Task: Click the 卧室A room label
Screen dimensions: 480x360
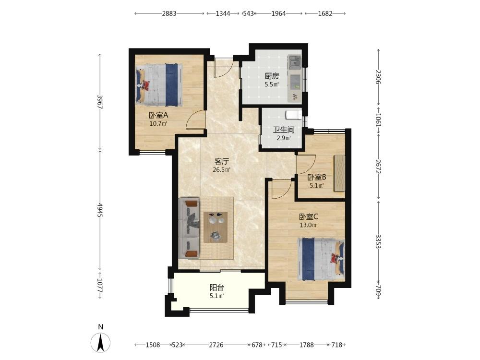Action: (158, 115)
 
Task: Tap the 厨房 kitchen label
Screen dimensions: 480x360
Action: (272, 76)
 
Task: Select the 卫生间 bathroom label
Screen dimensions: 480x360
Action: (284, 130)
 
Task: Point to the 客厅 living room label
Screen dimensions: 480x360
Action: (222, 161)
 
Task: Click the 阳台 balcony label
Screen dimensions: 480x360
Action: (217, 288)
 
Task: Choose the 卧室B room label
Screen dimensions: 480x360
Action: (317, 177)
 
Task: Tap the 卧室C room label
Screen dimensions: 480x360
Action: (309, 217)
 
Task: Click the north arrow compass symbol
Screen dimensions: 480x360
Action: (100, 343)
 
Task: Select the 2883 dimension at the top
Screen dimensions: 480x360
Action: (169, 13)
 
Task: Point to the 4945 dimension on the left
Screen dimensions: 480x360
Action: (100, 210)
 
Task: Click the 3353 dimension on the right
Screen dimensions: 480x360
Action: (378, 242)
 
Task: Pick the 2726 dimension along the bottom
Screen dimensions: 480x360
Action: (216, 345)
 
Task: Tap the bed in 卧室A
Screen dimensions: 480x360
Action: (159, 85)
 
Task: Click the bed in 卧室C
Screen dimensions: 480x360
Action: (321, 259)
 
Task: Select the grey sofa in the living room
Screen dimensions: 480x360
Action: (189, 228)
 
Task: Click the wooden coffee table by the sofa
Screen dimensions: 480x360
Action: (216, 227)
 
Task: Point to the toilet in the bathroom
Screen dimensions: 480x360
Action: (294, 115)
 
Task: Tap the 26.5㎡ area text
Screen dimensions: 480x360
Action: (222, 169)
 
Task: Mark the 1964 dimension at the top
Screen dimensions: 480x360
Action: (278, 13)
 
